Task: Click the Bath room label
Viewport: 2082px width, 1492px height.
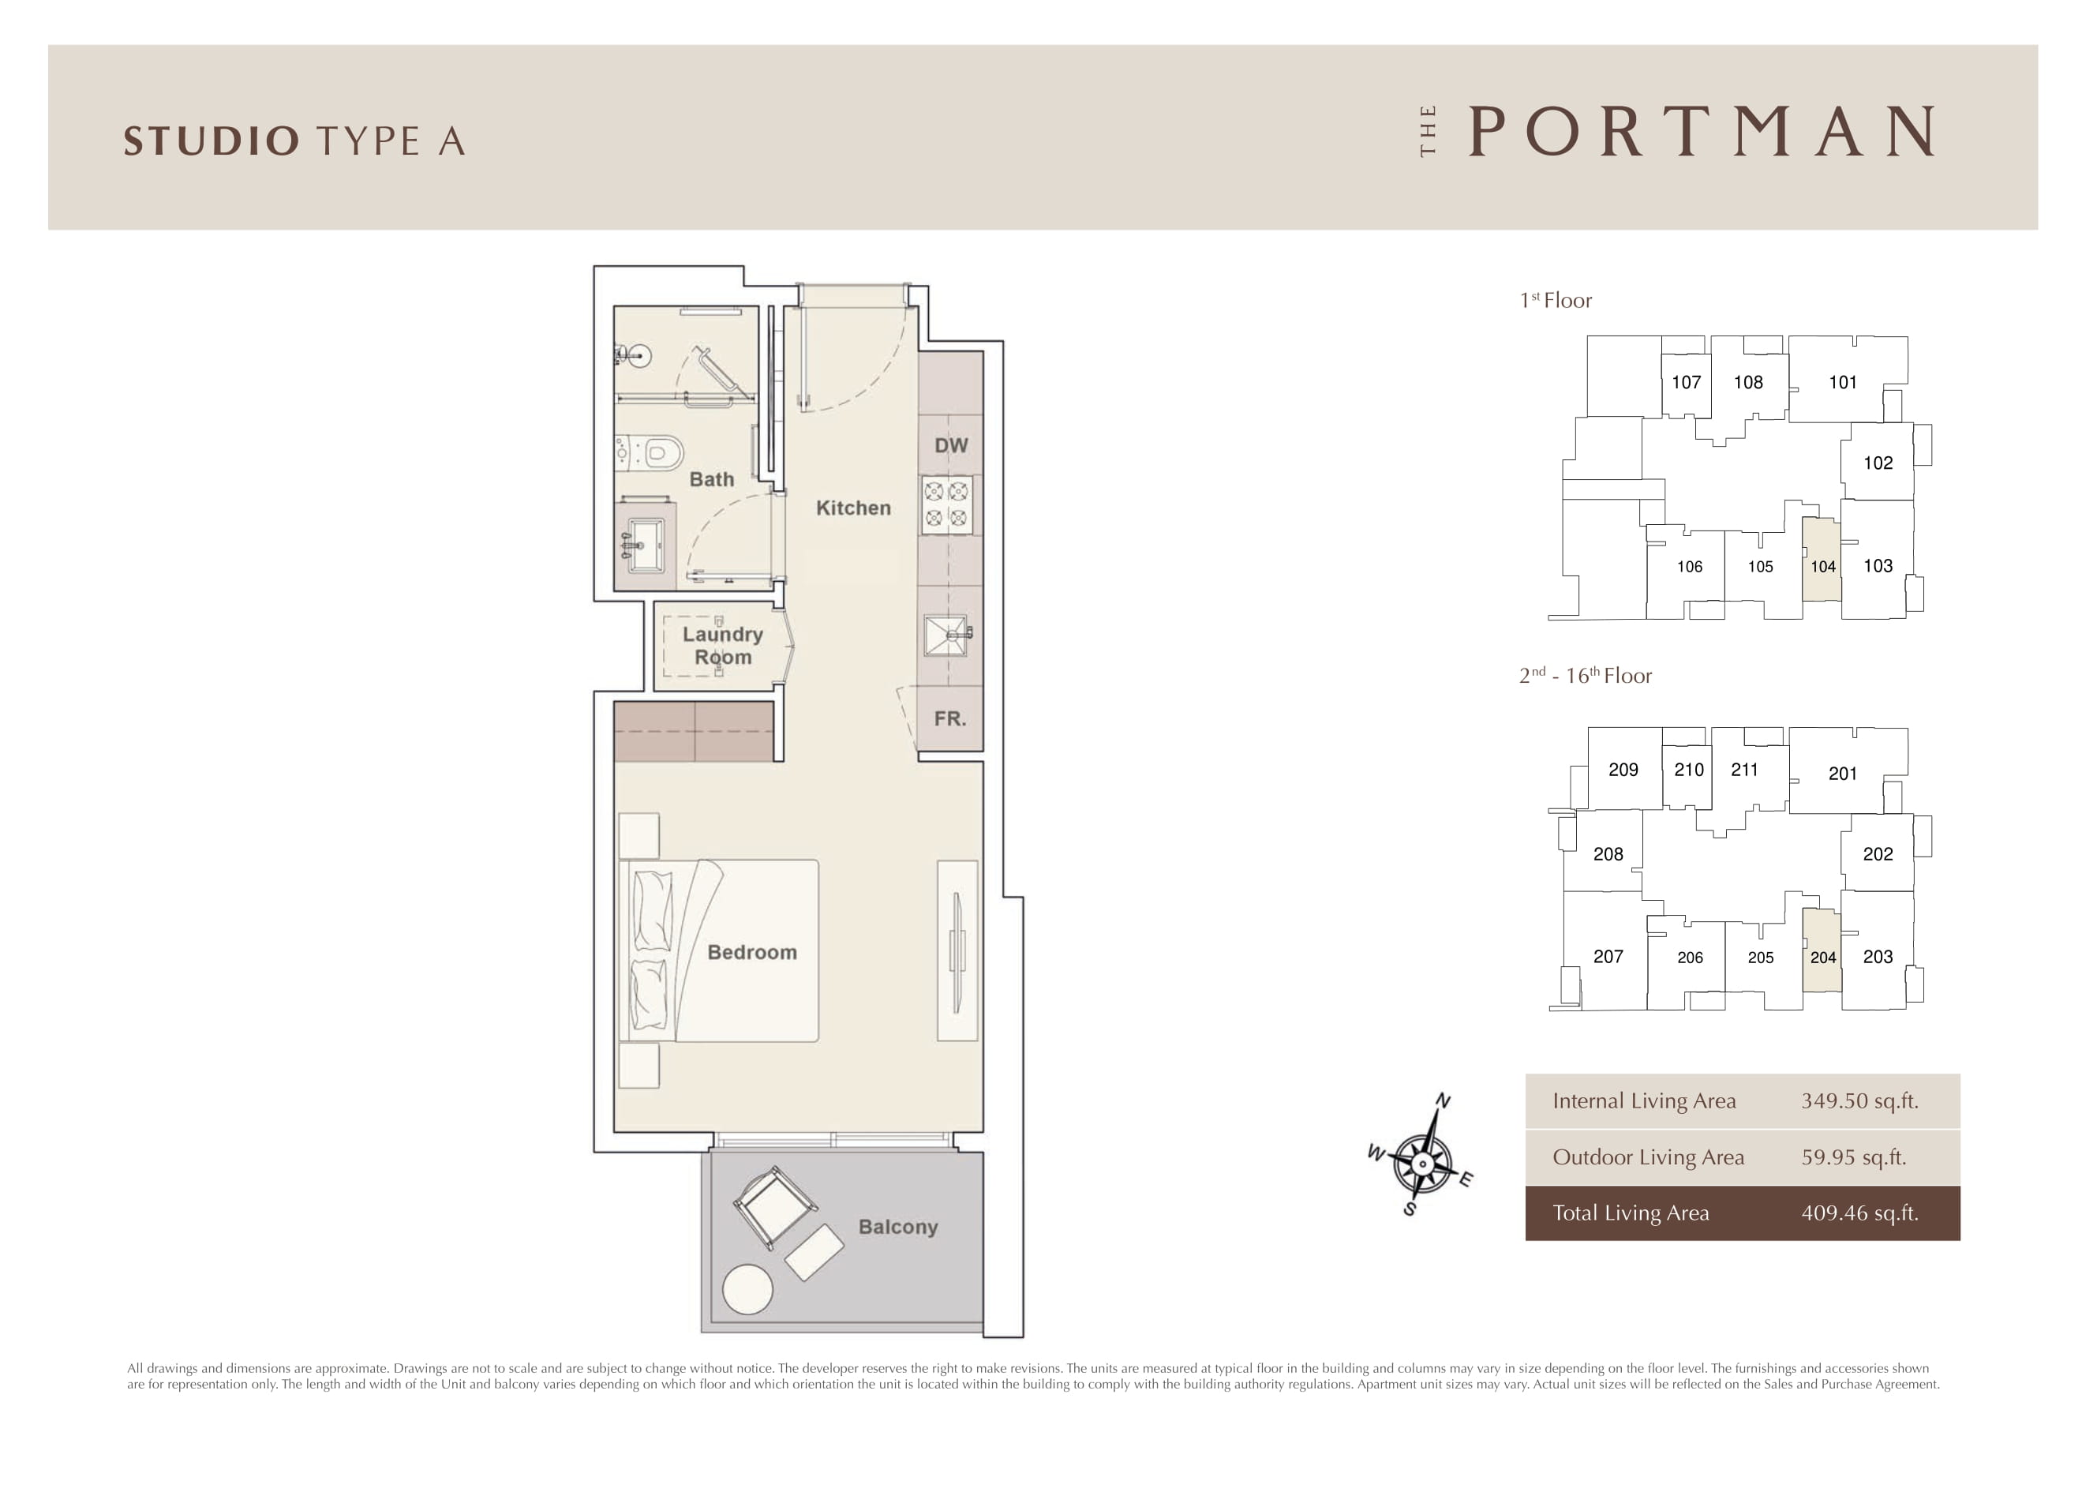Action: coord(711,479)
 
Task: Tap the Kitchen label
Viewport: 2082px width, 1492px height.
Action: coord(853,508)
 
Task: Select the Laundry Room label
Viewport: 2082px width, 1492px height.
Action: coord(722,646)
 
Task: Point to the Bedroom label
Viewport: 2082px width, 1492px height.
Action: coord(752,952)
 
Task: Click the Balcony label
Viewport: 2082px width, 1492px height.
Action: coord(898,1228)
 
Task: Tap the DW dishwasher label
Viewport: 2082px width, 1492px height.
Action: coord(951,445)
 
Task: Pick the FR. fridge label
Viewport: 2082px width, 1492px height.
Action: coord(950,719)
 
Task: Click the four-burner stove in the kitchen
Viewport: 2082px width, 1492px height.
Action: coord(947,504)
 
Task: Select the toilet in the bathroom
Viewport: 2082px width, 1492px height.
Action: coord(651,452)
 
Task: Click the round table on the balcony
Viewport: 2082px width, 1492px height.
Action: coord(747,1289)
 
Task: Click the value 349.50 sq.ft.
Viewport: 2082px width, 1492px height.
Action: coord(1859,1101)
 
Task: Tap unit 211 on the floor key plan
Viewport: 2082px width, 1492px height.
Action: coord(1744,770)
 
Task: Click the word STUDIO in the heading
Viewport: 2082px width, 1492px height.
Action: coord(212,141)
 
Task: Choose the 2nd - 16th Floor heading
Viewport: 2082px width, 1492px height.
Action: coord(1586,675)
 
